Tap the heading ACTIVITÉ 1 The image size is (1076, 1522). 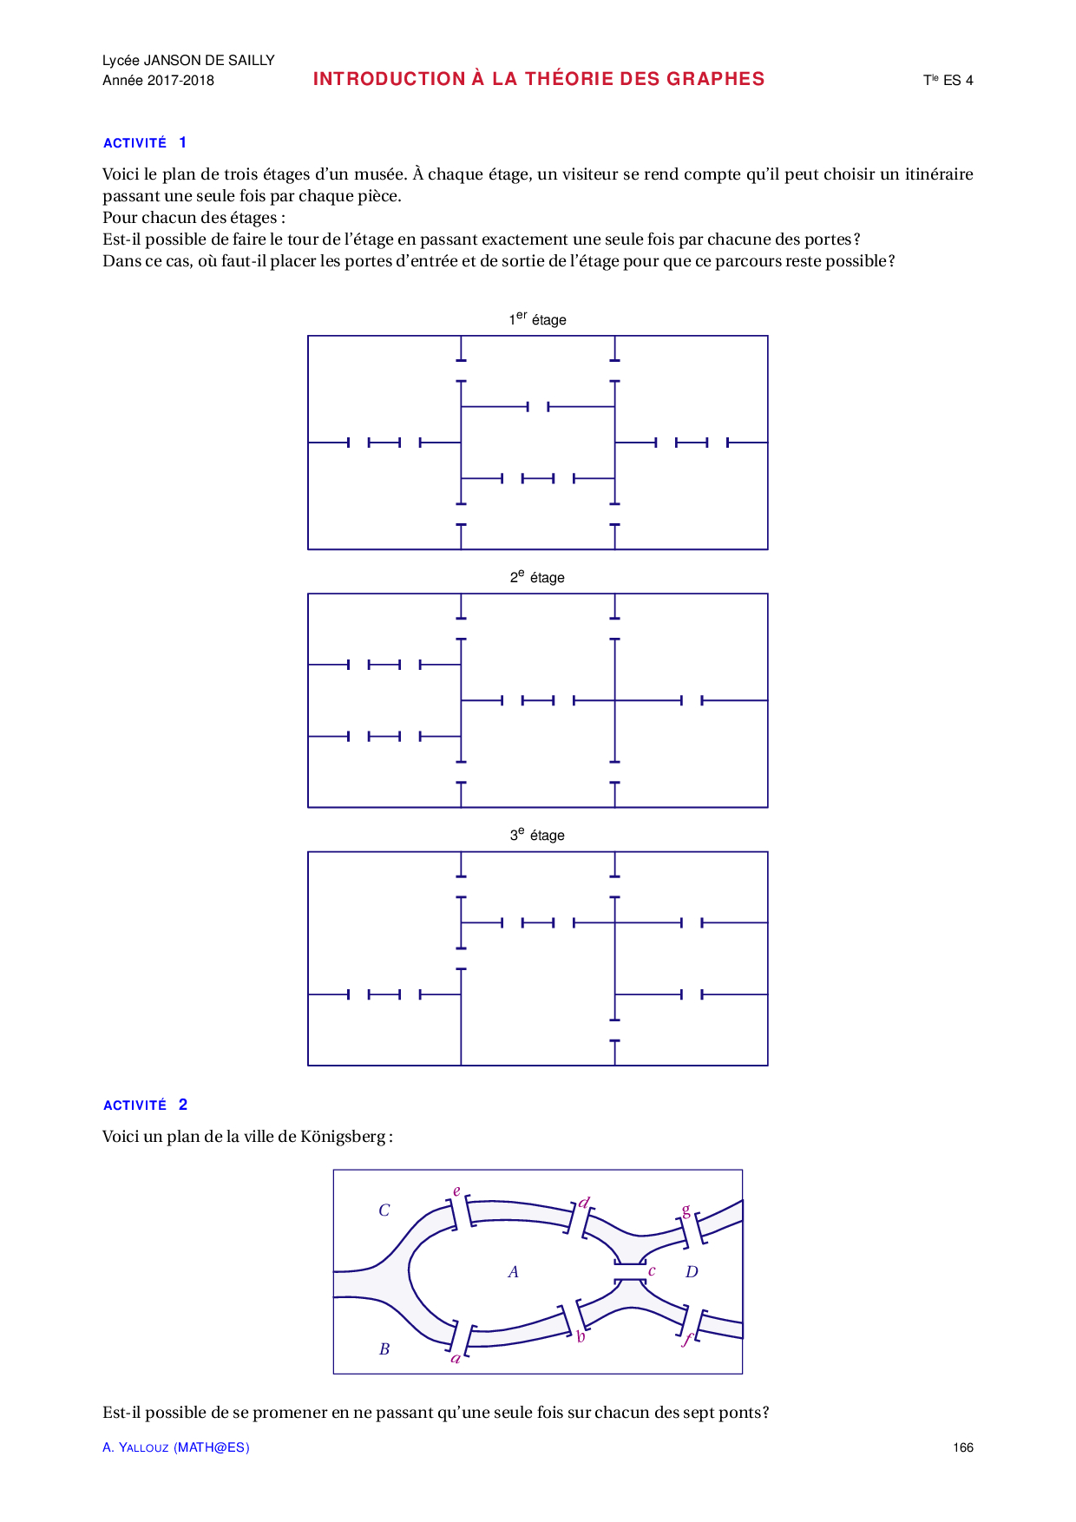click(x=144, y=143)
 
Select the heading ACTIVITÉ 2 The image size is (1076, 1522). click(x=144, y=1105)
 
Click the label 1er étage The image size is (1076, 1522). click(x=537, y=319)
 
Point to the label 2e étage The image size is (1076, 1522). click(x=537, y=577)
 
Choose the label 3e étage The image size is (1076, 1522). click(x=537, y=835)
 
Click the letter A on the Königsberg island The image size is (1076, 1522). click(x=513, y=1272)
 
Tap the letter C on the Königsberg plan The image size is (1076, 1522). click(x=384, y=1210)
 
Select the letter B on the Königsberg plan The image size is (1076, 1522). click(x=384, y=1349)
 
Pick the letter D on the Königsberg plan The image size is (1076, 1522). click(x=692, y=1272)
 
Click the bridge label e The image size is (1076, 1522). click(x=456, y=1191)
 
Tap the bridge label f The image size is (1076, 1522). click(x=688, y=1339)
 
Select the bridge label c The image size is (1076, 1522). click(x=652, y=1271)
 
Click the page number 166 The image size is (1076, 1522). click(x=962, y=1447)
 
